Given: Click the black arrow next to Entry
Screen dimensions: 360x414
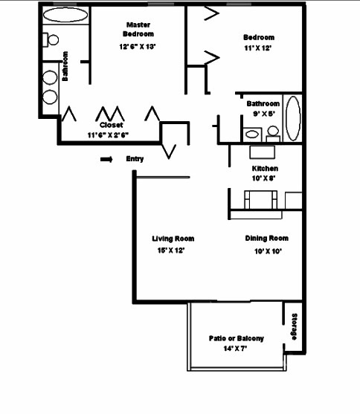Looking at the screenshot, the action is coord(106,159).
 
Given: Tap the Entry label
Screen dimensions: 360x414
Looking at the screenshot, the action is coord(135,159).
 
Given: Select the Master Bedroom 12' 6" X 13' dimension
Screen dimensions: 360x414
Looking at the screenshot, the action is coord(138,47).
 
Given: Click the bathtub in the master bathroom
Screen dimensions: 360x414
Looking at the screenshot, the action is coord(65,15).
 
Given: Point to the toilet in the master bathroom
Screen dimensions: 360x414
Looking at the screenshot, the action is coord(51,39).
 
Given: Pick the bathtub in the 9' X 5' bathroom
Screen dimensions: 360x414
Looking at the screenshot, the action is coord(293,118).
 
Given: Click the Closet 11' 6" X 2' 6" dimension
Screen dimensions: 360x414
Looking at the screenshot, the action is coord(108,135).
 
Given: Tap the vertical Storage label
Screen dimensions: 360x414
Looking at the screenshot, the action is coord(294,327).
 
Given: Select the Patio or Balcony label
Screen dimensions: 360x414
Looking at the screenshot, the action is coord(237,338).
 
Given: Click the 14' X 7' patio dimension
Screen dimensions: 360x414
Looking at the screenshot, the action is coord(235,349).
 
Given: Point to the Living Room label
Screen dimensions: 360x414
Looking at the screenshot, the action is coord(173,239).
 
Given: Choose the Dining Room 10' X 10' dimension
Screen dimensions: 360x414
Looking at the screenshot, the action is coord(268,251).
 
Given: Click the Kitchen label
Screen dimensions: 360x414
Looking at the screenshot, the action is coord(265,169).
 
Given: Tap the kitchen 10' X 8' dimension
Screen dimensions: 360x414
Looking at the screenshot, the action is coord(264,178).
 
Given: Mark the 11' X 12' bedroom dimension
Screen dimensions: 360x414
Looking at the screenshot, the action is coord(258,48).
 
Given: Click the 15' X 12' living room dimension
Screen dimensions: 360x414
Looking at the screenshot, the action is coord(171,250).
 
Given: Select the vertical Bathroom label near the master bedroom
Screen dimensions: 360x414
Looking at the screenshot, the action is coord(65,66).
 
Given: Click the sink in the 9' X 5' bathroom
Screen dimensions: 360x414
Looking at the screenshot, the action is coord(252,135).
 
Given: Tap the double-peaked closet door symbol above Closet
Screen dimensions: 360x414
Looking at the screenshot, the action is coord(110,114).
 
